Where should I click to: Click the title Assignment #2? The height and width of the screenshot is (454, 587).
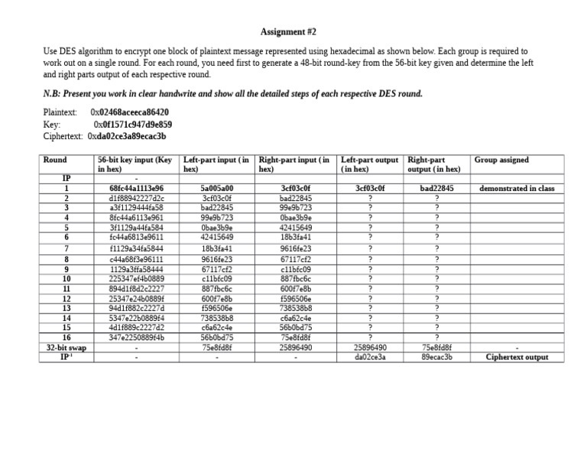click(x=288, y=32)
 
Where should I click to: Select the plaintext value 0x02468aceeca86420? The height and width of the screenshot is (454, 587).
click(x=129, y=112)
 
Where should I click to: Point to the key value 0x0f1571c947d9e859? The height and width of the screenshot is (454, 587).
click(x=132, y=124)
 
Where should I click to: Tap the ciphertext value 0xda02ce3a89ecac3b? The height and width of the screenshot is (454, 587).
click(x=126, y=136)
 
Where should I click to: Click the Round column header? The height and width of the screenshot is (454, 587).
click(x=56, y=161)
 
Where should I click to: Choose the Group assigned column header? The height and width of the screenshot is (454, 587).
click(x=501, y=161)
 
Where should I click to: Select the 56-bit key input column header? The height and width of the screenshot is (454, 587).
click(x=136, y=164)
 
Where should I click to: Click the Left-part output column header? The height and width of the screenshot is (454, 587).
click(x=370, y=164)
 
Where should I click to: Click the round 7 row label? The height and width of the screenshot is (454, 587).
click(x=66, y=248)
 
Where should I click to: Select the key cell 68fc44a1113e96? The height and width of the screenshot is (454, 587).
click(x=137, y=188)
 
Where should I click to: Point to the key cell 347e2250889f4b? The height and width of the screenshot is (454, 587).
click(x=137, y=337)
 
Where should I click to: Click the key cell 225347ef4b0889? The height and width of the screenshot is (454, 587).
click(x=137, y=278)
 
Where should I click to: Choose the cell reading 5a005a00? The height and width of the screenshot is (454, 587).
click(x=216, y=188)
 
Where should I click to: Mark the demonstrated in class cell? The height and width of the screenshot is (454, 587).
click(x=516, y=188)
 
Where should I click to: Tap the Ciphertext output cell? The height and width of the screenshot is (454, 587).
click(x=516, y=357)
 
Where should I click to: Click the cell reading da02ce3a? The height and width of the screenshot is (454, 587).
click(x=370, y=357)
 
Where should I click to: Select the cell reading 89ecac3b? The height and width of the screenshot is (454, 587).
click(x=436, y=357)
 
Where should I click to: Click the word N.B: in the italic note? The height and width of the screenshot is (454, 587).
click(x=54, y=94)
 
